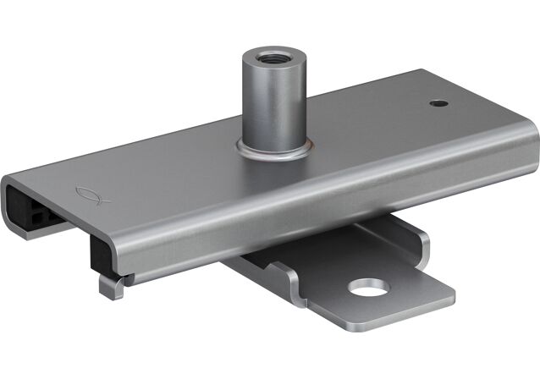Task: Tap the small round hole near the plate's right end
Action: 438,103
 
